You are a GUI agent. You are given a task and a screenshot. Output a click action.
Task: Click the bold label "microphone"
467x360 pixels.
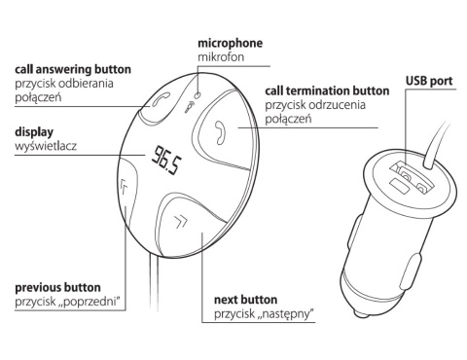231,44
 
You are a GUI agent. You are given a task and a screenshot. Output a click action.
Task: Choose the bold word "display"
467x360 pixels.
33,131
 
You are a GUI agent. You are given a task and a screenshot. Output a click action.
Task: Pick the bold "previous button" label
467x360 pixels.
60,289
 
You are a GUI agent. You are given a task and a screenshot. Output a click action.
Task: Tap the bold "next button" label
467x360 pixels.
245,300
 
